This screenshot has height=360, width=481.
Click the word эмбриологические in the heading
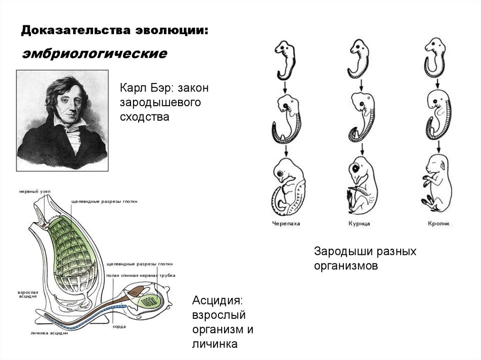point(94,54)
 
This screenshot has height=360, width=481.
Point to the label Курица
point(359,224)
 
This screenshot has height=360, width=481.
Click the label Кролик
point(439,224)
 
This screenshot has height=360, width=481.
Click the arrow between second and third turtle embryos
point(286,151)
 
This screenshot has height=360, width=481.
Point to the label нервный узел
point(32,191)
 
